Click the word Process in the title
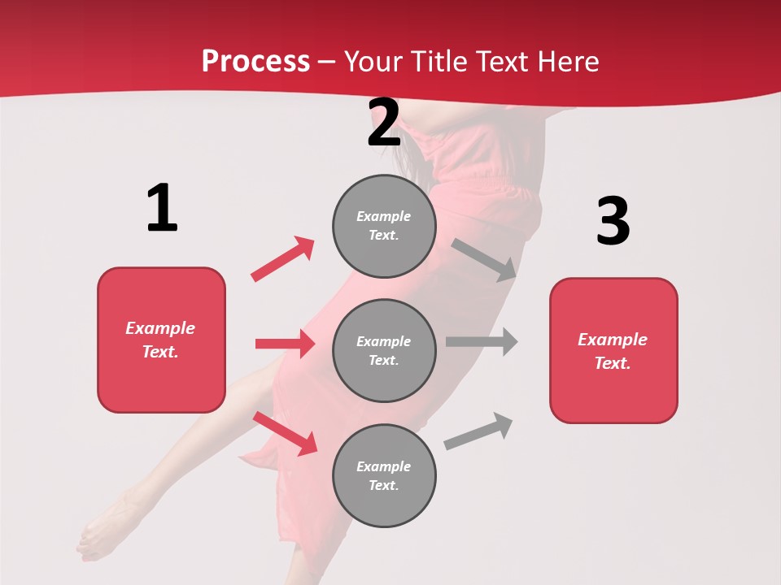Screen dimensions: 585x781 255,61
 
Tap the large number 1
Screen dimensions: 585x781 162,208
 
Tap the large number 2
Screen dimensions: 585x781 384,123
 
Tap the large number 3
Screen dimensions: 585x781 613,222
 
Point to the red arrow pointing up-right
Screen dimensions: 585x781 282,259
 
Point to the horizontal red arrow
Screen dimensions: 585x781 285,344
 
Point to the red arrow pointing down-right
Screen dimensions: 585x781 285,433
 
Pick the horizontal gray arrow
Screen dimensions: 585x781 482,341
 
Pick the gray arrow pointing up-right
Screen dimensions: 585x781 478,431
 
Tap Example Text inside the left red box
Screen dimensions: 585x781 160,340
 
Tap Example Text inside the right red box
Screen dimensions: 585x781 613,351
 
